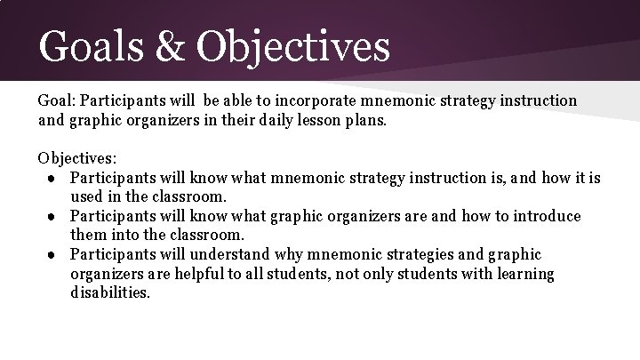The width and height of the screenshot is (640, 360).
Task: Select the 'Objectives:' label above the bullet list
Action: (x=77, y=158)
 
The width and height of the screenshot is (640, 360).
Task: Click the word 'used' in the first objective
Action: (x=86, y=196)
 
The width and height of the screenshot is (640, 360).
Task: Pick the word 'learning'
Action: (x=522, y=274)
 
